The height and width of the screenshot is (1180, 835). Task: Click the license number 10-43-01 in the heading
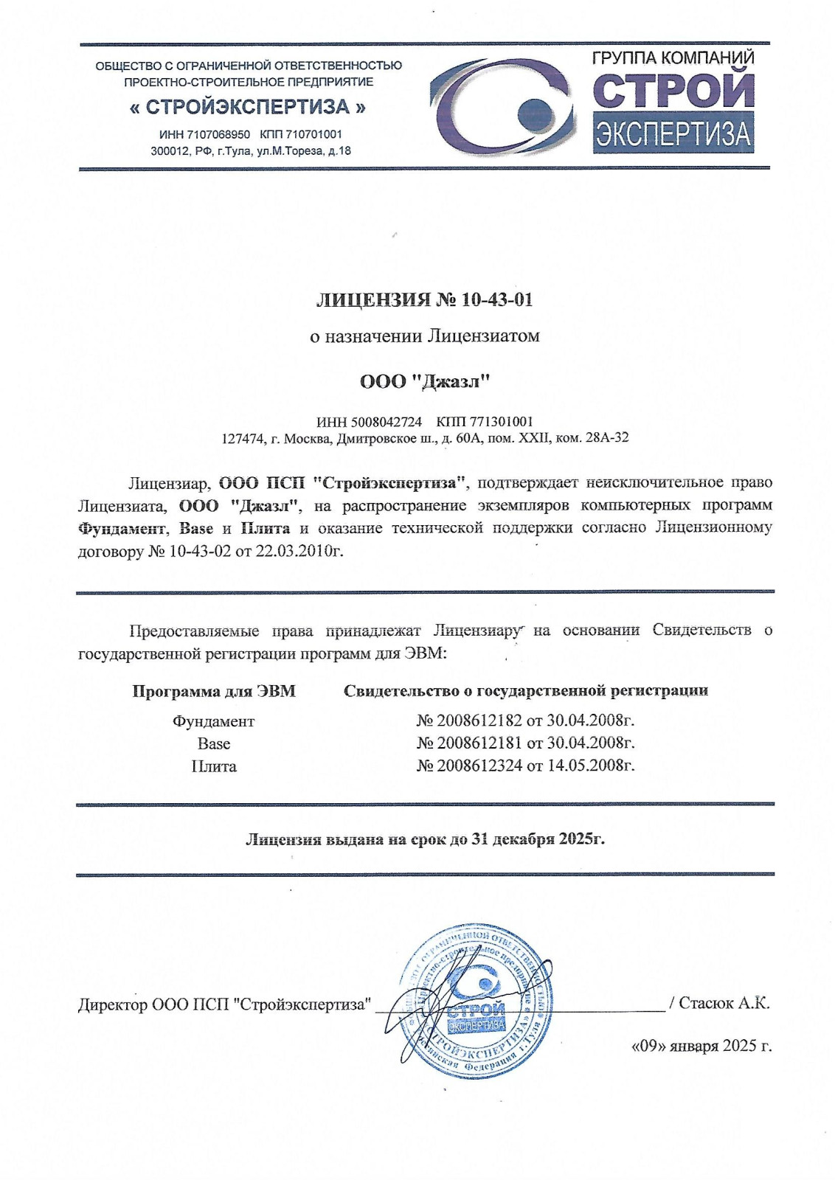tap(497, 300)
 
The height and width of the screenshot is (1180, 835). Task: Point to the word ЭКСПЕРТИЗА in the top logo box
tap(673, 134)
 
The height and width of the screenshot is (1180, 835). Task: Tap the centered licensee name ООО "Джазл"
tap(425, 381)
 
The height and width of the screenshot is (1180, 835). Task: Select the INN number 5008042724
tap(387, 422)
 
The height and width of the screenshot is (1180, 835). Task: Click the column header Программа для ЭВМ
tap(214, 691)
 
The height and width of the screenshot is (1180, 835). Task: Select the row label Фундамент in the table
tap(213, 721)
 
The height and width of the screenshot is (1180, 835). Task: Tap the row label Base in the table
tap(213, 743)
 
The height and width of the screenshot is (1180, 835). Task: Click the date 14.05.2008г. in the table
tap(591, 766)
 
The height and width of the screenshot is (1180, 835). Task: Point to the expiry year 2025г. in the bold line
tap(581, 839)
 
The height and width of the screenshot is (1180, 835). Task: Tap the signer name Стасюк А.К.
tap(724, 1003)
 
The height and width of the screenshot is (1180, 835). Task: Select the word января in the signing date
tap(693, 1046)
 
